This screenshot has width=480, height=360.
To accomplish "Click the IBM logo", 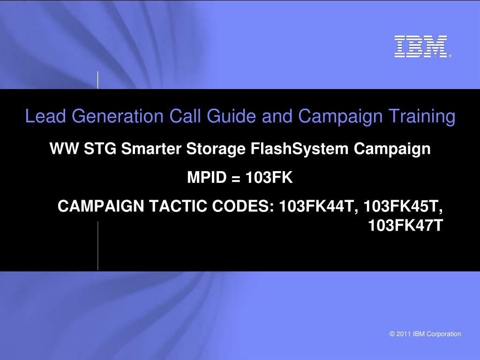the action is click(x=422, y=46).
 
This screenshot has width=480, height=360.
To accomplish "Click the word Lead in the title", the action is click(x=45, y=116).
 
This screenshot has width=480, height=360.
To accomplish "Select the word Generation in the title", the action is click(x=118, y=116).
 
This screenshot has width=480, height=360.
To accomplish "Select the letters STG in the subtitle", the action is click(x=100, y=149).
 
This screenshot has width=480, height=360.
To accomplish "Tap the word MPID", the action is click(x=207, y=178).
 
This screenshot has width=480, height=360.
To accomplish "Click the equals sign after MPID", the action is click(x=236, y=178).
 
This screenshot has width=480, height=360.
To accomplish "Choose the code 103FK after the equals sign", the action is click(x=269, y=178).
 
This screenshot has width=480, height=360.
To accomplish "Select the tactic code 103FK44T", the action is click(x=317, y=206).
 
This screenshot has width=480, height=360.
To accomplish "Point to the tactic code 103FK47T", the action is click(x=405, y=225).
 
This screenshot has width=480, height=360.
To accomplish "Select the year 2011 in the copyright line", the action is click(x=404, y=334).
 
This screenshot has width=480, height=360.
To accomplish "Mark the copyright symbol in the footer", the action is click(x=392, y=334).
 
